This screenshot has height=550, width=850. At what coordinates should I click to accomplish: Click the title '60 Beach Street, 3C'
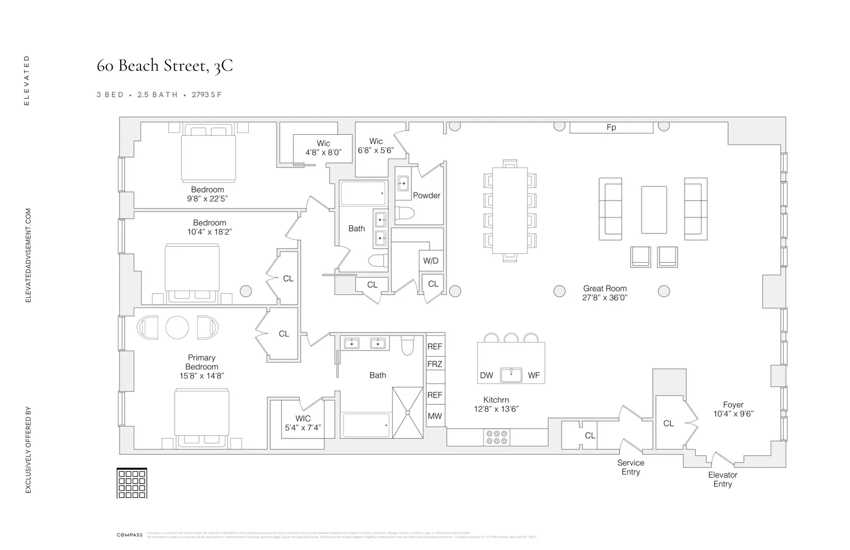(x=164, y=66)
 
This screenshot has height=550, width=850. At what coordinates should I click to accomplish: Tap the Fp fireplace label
(x=611, y=127)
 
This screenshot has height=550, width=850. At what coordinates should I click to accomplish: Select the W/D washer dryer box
(x=431, y=261)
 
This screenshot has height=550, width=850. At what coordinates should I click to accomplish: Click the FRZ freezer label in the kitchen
(x=435, y=364)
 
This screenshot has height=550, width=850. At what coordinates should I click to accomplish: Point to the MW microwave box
(x=435, y=416)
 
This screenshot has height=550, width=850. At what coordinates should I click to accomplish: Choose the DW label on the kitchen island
(x=486, y=375)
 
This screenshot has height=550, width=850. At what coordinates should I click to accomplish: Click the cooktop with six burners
(x=496, y=437)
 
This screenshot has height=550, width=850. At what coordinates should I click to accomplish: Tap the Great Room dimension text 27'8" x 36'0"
(x=605, y=297)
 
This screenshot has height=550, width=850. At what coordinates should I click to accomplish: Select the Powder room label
(x=426, y=195)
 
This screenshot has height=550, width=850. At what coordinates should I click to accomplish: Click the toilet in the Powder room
(x=405, y=213)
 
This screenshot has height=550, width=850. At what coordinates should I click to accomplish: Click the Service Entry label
(x=630, y=467)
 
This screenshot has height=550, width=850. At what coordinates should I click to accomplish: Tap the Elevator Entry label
(x=722, y=479)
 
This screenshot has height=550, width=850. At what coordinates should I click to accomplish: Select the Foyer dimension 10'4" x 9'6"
(x=733, y=413)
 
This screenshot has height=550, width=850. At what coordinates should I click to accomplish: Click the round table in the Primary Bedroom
(x=177, y=327)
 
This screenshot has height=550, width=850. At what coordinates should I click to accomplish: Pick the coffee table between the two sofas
(x=653, y=210)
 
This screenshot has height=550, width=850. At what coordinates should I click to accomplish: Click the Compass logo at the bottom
(x=129, y=535)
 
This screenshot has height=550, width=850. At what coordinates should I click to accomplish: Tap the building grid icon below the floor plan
(x=131, y=483)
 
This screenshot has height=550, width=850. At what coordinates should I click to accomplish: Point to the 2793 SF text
(x=206, y=95)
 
